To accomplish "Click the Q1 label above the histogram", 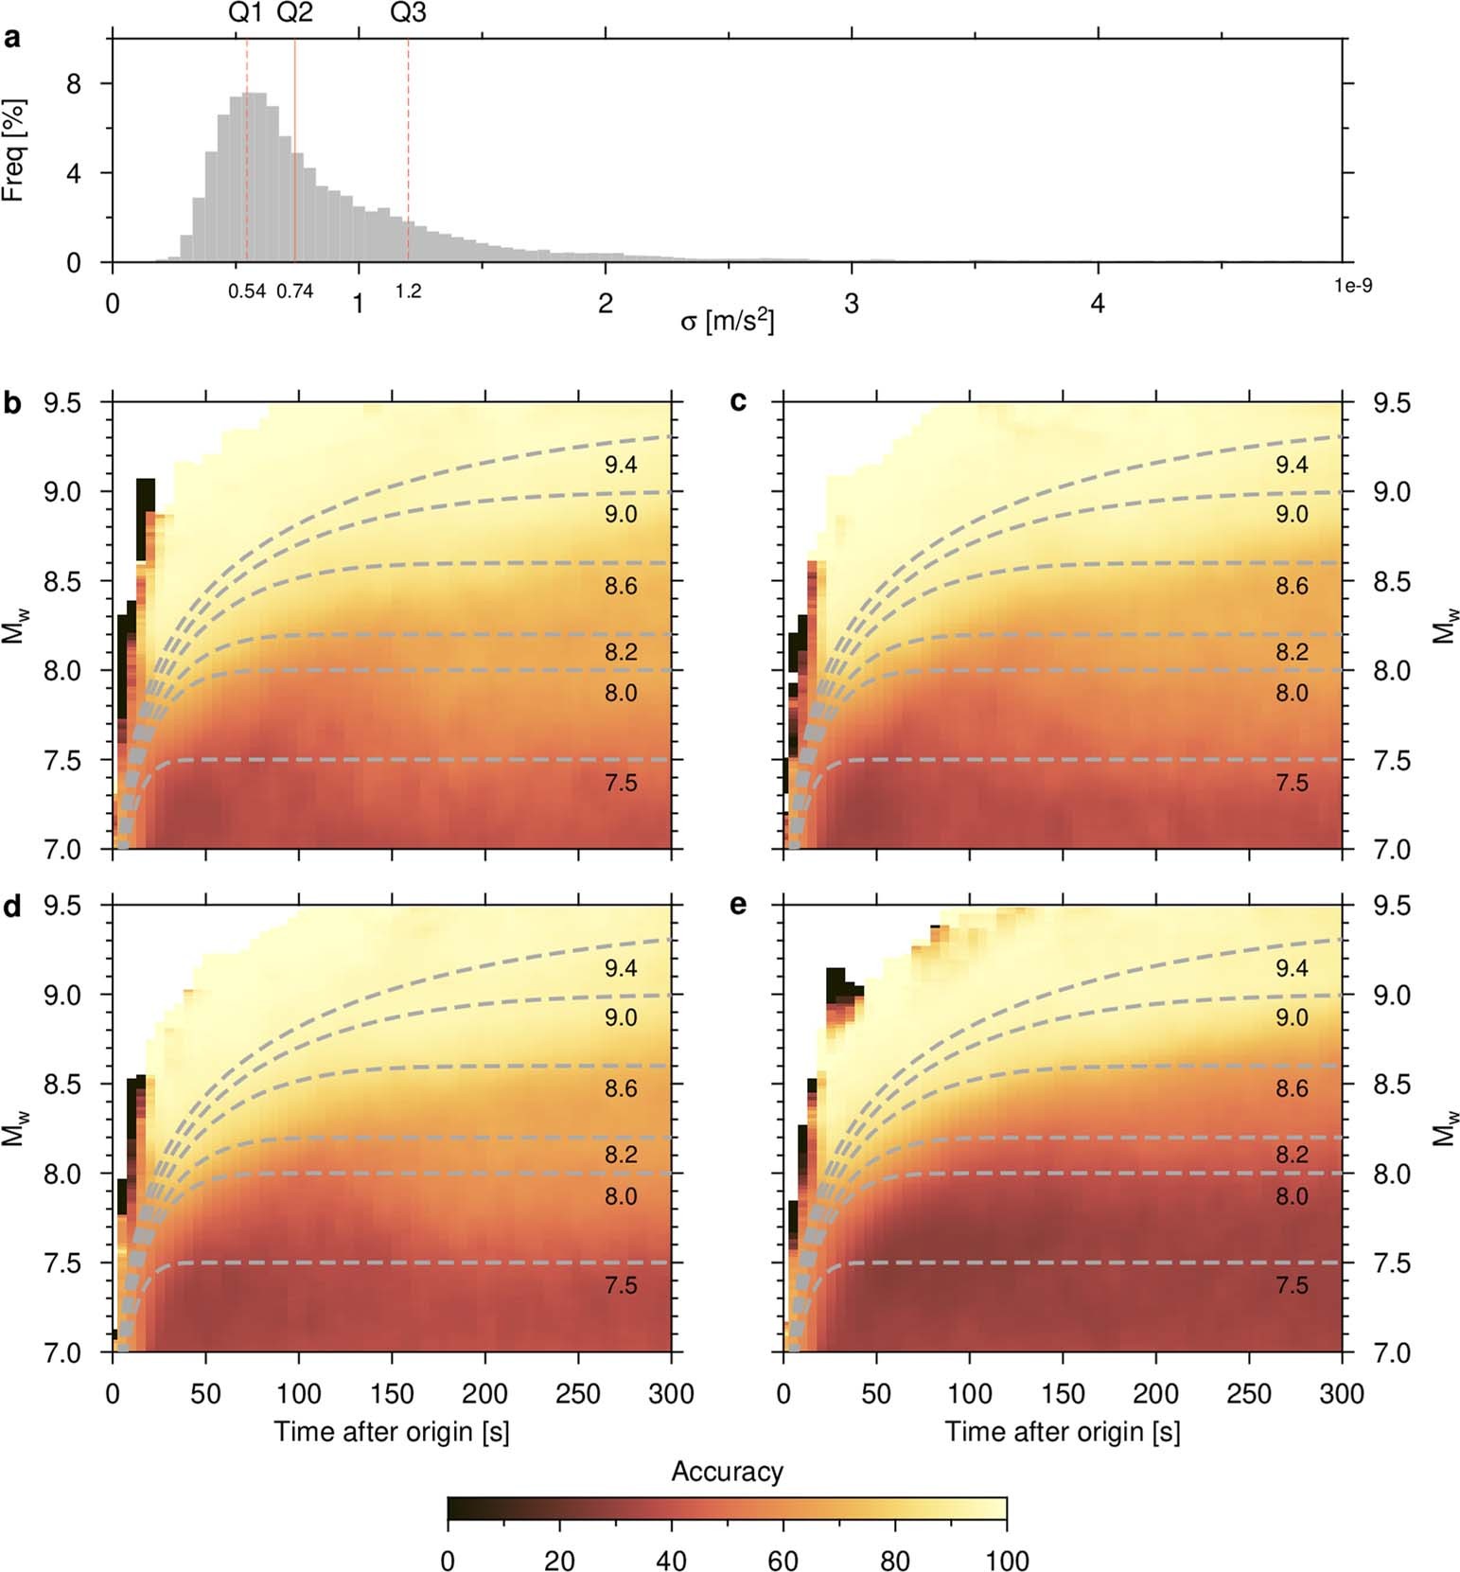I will pos(246,12).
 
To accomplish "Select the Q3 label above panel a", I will pos(408,12).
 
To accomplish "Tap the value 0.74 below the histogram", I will pos(294,291).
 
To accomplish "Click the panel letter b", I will pos(12,403).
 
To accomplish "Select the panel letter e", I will pos(738,905).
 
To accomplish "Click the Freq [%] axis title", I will pos(13,150).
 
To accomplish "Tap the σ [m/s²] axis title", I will pos(727,322).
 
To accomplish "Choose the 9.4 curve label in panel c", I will pos(1292,465).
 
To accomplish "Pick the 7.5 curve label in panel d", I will pos(621,1285).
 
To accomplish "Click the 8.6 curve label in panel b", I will pos(621,586).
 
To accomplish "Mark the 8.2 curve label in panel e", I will pos(1292,1155).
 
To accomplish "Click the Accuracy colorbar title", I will pos(727,1472).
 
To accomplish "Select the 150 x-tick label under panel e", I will pos(1063,1393).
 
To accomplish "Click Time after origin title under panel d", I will pos(392,1431).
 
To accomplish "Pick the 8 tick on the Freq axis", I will pos(74,84).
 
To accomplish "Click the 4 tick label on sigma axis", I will pos(1098,304).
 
